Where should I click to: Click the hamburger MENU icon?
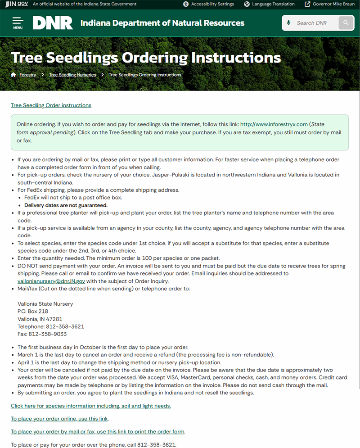tap(18, 23)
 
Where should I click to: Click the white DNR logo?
tap(53, 23)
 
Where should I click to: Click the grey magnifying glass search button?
tap(346, 23)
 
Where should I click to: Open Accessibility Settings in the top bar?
tap(208, 4)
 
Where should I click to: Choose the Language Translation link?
tap(269, 4)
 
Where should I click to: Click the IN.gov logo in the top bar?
tap(17, 4)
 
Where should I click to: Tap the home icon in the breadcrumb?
tap(13, 75)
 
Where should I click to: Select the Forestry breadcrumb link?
tap(28, 75)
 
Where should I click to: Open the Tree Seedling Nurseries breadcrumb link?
tap(72, 75)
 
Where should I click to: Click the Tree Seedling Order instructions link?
tap(51, 105)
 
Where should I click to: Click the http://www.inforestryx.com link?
tap(274, 124)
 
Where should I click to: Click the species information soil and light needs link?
tap(91, 406)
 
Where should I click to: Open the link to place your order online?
tap(59, 419)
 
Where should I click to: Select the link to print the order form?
tap(98, 432)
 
